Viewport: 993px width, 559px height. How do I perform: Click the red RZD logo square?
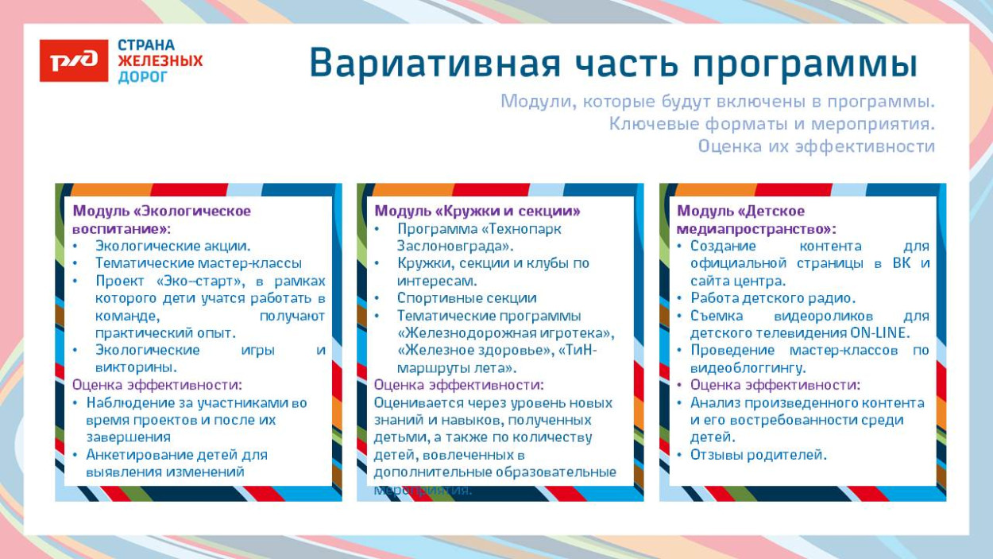point(74,60)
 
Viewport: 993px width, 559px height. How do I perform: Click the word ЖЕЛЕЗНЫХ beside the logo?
point(160,61)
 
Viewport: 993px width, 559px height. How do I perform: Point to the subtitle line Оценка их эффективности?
point(816,146)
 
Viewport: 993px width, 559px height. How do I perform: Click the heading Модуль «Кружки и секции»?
point(477,211)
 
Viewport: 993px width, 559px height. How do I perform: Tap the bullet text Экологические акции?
point(172,246)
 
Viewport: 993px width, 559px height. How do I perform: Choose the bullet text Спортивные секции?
point(466,298)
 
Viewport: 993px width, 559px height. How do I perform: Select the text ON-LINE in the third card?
point(879,333)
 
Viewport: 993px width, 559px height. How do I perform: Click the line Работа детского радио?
point(772,298)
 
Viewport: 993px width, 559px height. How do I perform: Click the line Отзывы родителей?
point(758,455)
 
